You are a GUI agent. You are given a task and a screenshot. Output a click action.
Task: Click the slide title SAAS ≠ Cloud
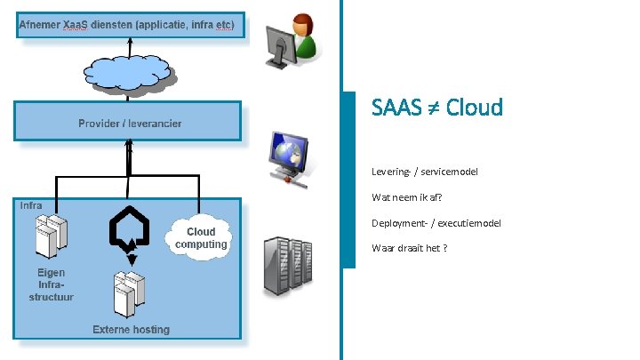tap(436, 108)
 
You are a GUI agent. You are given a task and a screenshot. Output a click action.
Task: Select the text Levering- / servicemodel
tap(424, 172)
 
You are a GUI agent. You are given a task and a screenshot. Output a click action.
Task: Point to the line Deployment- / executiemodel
tap(436, 222)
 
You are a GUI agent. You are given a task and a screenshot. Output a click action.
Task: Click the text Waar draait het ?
tap(409, 247)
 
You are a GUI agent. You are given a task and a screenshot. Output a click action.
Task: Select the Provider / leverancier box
tap(127, 122)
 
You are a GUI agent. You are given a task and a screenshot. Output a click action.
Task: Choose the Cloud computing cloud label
tap(202, 237)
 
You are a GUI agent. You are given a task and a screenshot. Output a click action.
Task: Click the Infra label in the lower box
tap(31, 205)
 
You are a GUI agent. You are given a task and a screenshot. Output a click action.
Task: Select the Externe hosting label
tap(131, 330)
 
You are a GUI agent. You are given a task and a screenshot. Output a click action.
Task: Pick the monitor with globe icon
tap(290, 156)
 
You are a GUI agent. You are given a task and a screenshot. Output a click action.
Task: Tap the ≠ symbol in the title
tap(430, 108)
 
